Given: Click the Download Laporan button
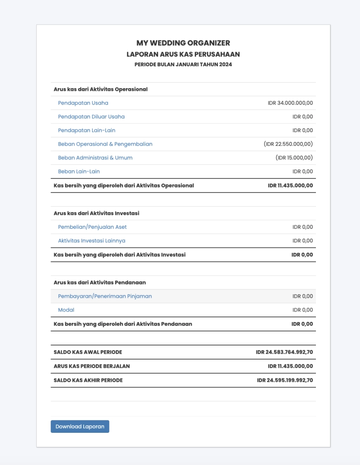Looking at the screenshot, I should [x=80, y=426].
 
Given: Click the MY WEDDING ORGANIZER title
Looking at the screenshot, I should [x=183, y=43].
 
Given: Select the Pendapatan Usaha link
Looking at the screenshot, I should [x=83, y=103].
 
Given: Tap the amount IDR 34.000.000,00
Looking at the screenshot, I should [x=290, y=103].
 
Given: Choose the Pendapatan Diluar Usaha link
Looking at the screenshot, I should [x=91, y=117].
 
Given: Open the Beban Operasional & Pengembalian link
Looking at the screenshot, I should [x=105, y=144].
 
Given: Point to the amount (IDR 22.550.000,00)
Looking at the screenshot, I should [x=288, y=144].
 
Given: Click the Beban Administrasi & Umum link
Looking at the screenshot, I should [x=95, y=158].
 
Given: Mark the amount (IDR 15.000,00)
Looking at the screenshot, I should [x=294, y=158].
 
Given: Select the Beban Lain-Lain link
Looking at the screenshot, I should [x=79, y=171].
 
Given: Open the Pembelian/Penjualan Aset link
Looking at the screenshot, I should [x=92, y=227].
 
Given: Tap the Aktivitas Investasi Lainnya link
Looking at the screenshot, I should [x=92, y=240].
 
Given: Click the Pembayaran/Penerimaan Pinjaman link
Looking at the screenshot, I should [x=105, y=296].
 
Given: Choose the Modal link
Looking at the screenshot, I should [x=66, y=310].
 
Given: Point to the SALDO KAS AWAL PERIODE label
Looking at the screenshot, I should [x=88, y=352].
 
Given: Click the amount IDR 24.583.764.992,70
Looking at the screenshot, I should [x=284, y=352].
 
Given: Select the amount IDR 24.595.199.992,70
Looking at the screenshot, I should [x=285, y=380].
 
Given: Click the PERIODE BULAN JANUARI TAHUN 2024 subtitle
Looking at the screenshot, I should [x=183, y=64].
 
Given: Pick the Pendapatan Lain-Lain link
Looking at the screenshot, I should [x=87, y=130].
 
